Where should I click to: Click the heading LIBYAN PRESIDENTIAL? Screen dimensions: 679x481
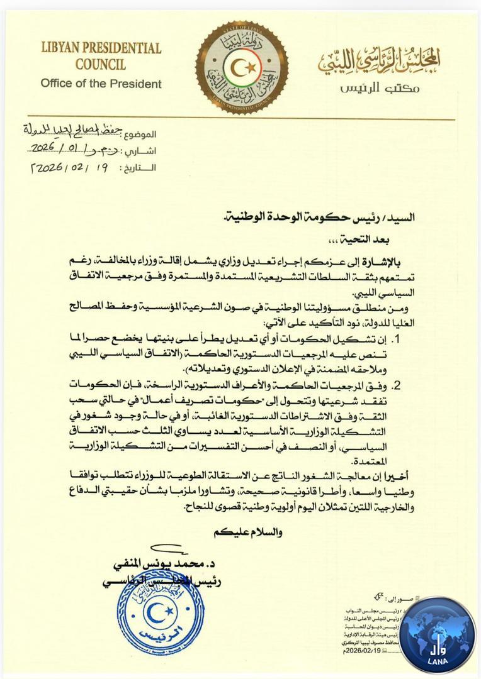point(101,48)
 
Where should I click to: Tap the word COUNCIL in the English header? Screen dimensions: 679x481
point(101,64)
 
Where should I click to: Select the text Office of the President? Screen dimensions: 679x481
point(101,83)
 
